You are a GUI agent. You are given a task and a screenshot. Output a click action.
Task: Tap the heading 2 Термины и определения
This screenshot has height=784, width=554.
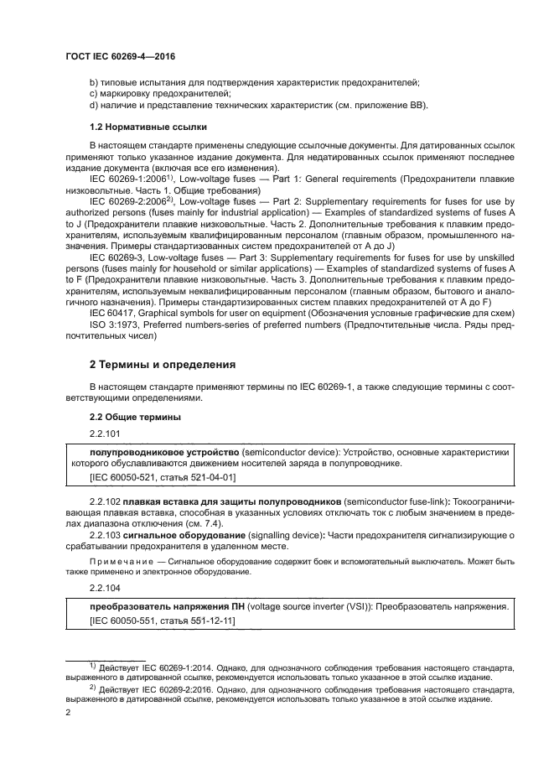pos(163,366)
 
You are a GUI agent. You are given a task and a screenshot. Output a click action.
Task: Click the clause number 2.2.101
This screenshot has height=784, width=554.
pos(108,434)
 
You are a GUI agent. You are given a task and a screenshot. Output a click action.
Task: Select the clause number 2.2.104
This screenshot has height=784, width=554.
pos(108,587)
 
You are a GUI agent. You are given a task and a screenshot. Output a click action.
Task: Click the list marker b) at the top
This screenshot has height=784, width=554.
pos(94,81)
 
